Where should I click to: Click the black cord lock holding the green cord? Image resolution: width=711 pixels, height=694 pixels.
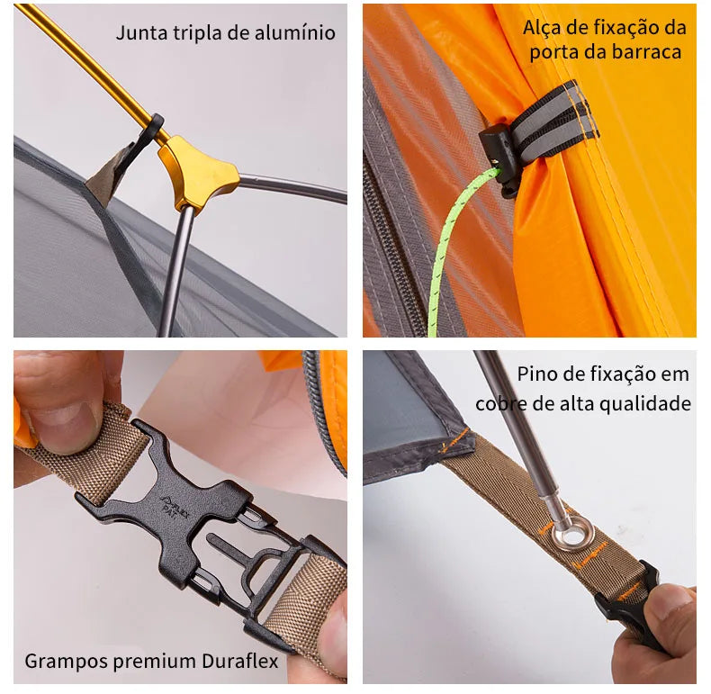pos(499,158)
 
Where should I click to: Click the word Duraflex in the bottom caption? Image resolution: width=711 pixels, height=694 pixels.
pos(240,661)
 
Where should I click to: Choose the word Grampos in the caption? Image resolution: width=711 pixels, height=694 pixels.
pos(67,662)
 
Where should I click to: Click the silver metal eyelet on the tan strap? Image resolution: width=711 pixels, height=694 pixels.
pos(572,535)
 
